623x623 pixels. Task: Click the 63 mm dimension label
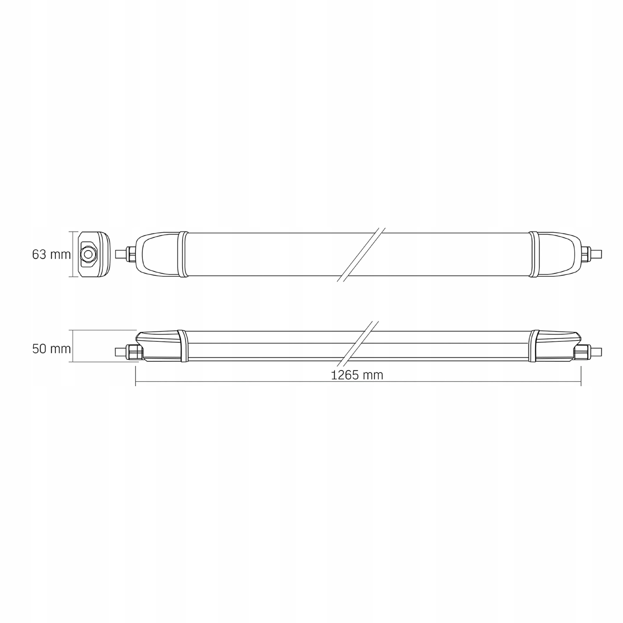(52, 255)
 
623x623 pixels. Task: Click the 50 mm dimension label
(52, 349)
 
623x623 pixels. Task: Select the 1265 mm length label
(357, 375)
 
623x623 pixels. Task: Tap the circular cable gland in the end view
(87, 254)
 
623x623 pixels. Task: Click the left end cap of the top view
(158, 254)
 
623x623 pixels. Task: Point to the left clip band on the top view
(183, 254)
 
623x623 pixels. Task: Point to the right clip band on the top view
(533, 254)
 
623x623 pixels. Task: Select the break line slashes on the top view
(361, 254)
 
